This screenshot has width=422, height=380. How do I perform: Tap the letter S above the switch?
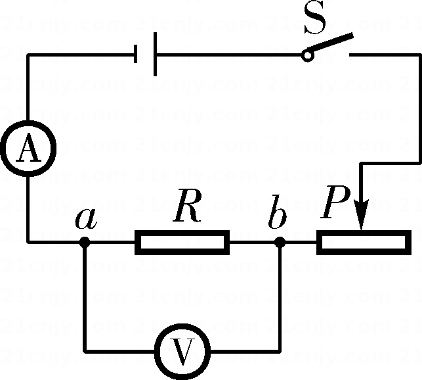[x=316, y=23]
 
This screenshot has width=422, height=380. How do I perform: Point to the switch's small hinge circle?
[x=307, y=56]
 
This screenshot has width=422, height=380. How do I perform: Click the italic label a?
[x=85, y=218]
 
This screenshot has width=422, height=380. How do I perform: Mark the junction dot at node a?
[x=84, y=242]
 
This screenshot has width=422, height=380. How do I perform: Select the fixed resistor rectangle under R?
[x=182, y=242]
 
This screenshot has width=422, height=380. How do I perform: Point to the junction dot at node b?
[x=280, y=242]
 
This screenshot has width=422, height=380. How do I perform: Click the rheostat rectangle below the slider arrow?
[x=364, y=242]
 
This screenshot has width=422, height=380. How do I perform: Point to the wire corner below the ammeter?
[x=28, y=242]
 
